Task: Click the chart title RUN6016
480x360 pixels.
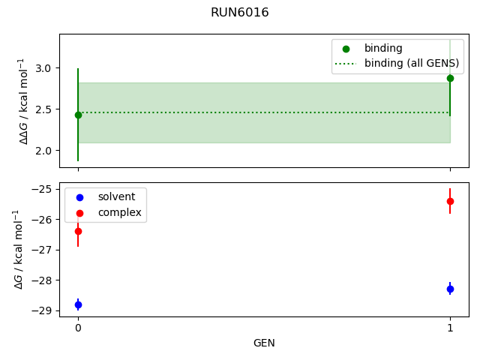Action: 240,13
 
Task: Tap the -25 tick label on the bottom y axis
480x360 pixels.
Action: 43,189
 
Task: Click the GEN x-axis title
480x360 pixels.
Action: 264,343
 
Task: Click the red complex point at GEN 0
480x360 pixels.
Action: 78,231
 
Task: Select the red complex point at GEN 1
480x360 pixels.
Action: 450,201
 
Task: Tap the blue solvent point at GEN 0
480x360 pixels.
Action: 78,304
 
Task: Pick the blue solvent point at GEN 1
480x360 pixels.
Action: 450,289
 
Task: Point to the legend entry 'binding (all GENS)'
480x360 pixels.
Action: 411,63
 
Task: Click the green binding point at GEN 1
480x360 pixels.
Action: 450,78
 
